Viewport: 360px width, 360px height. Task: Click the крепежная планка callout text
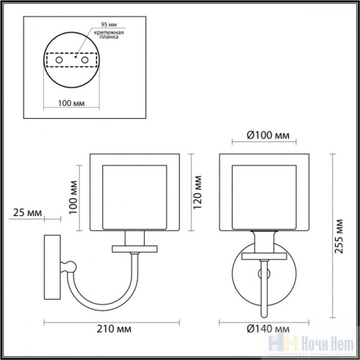point(109,37)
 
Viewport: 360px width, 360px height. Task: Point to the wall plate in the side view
point(52,268)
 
